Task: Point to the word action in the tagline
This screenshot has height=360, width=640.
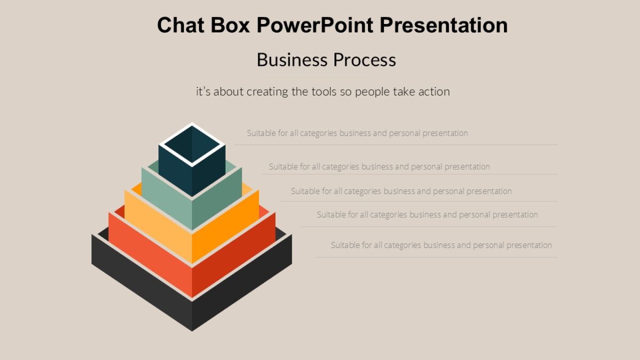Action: [x=434, y=92]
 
